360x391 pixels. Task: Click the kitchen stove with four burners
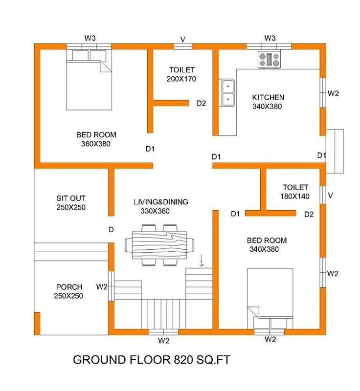click(x=269, y=59)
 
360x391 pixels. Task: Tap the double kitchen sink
click(x=227, y=92)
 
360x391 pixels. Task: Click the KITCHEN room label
click(x=268, y=97)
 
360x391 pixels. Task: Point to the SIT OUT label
click(x=71, y=198)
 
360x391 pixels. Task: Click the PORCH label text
click(x=69, y=287)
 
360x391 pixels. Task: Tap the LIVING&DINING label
click(x=161, y=202)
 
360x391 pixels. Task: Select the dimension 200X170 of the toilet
click(x=181, y=79)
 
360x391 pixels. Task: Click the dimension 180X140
click(x=295, y=196)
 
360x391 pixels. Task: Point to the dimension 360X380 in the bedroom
click(x=96, y=144)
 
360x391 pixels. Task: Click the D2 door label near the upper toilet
click(x=202, y=103)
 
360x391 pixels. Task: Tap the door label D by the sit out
click(x=111, y=229)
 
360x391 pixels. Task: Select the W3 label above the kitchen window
click(x=270, y=38)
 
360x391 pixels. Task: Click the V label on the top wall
click(x=183, y=40)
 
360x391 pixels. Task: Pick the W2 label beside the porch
click(x=102, y=287)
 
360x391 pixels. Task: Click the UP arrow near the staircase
click(x=202, y=260)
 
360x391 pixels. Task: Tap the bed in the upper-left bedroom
click(x=89, y=80)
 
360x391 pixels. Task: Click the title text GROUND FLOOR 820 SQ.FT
click(x=152, y=360)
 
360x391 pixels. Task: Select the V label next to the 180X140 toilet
click(x=331, y=195)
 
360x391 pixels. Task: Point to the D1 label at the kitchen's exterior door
click(x=321, y=155)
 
